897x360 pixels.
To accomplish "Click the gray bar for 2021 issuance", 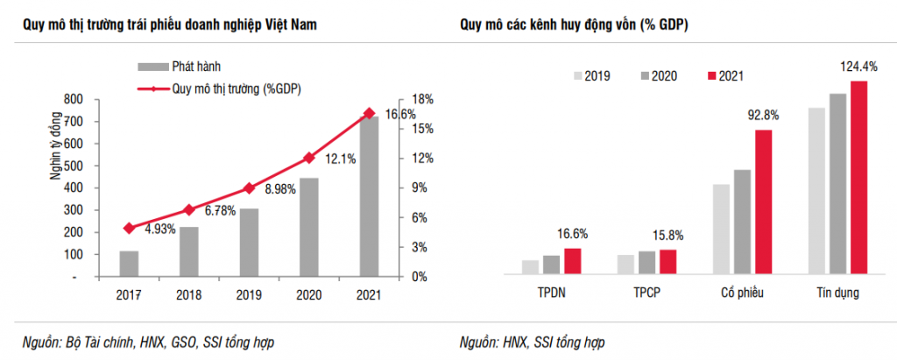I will [370, 197].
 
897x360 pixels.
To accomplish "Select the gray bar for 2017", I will [129, 264].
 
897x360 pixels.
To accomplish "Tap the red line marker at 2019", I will [249, 188].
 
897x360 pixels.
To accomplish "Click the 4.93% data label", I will [160, 229].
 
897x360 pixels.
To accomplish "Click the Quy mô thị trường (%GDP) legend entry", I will [230, 88].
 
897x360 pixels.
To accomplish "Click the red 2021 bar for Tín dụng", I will [858, 178].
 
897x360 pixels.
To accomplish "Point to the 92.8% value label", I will [763, 115].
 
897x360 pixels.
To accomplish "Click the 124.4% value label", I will [858, 66].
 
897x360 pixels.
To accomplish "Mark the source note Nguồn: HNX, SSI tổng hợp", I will [533, 342].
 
